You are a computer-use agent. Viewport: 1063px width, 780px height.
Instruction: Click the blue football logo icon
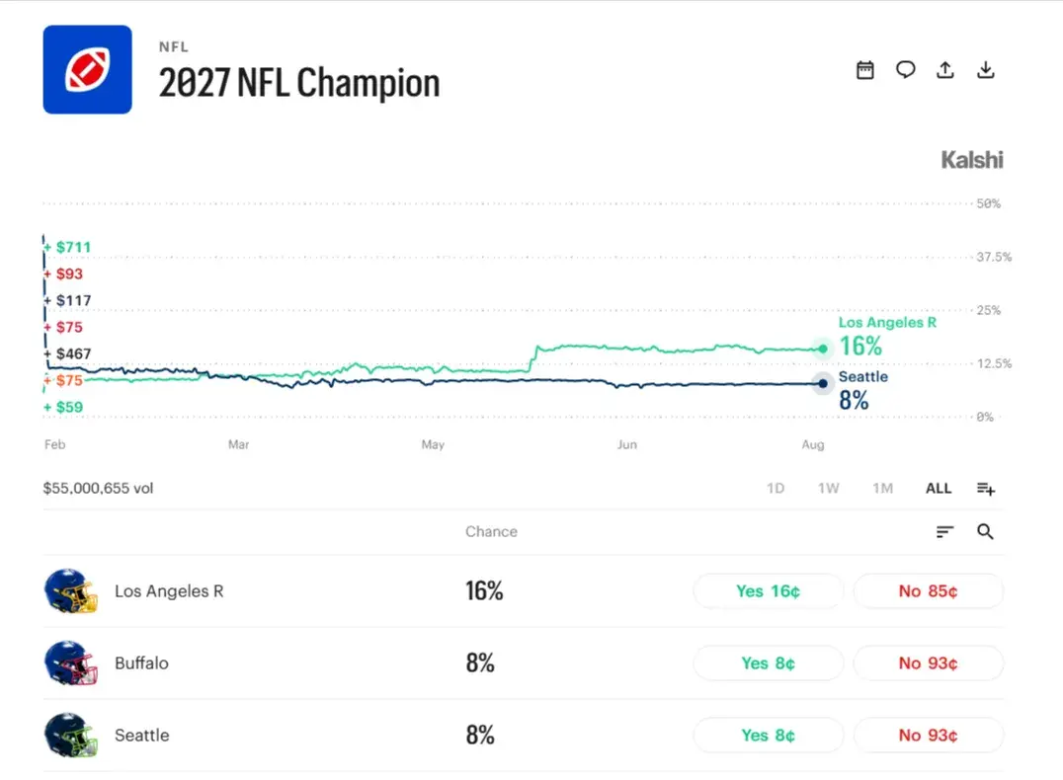coord(88,70)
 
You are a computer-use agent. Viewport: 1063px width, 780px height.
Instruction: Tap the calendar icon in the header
coord(865,70)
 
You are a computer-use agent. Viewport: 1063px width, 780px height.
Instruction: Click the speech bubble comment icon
coord(905,70)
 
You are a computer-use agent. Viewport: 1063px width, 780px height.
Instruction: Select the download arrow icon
coord(986,70)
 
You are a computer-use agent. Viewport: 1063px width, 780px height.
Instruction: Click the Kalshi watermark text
coord(971,160)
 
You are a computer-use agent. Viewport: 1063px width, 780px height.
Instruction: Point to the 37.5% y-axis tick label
coord(994,257)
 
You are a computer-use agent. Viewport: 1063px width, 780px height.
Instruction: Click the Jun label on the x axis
coord(627,444)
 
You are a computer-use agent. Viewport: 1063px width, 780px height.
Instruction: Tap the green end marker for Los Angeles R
coord(822,349)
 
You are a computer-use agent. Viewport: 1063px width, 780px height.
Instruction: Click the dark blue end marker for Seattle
coord(822,383)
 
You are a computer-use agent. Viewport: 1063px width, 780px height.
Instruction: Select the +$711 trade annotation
coord(67,248)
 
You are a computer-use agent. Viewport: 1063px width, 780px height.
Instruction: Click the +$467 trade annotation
coord(67,353)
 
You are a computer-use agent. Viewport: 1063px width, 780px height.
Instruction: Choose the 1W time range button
coord(829,489)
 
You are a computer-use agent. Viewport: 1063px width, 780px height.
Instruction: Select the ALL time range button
coord(939,489)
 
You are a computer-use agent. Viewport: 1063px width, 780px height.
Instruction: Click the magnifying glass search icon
coord(985,532)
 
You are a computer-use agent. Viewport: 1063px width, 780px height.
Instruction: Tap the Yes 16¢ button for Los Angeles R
coord(768,591)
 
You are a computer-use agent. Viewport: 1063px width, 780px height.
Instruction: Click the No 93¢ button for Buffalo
coord(928,663)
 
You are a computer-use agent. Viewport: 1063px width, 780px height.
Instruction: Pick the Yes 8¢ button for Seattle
coord(768,736)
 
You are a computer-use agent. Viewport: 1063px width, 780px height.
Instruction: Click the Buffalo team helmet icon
coord(70,663)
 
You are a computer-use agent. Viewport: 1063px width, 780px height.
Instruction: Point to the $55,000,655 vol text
coord(99,489)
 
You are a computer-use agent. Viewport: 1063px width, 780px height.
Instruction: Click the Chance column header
coord(492,532)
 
